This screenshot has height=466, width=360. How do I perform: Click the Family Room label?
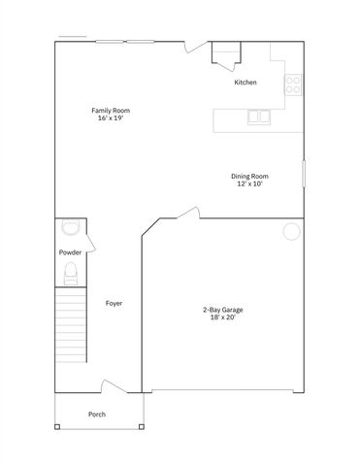[x=111, y=111]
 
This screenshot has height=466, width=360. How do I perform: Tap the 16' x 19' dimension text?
[x=111, y=118]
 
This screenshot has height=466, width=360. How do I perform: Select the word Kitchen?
[x=245, y=83]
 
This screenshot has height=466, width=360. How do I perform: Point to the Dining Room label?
[x=249, y=176]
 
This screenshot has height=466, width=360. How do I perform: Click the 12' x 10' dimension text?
[x=249, y=183]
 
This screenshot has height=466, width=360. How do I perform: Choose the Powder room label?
[x=69, y=252]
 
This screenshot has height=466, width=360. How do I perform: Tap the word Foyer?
[x=114, y=303]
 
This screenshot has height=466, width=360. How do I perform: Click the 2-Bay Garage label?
[x=222, y=310]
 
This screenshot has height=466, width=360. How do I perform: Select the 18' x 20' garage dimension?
[x=222, y=317]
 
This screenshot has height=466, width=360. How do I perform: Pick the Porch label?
[x=97, y=415]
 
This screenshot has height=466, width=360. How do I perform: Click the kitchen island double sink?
[x=259, y=117]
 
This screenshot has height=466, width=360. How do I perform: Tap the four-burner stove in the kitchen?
[x=292, y=84]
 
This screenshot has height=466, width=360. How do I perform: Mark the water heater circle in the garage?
[x=291, y=231]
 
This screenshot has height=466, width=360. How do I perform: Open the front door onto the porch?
[x=114, y=386]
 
